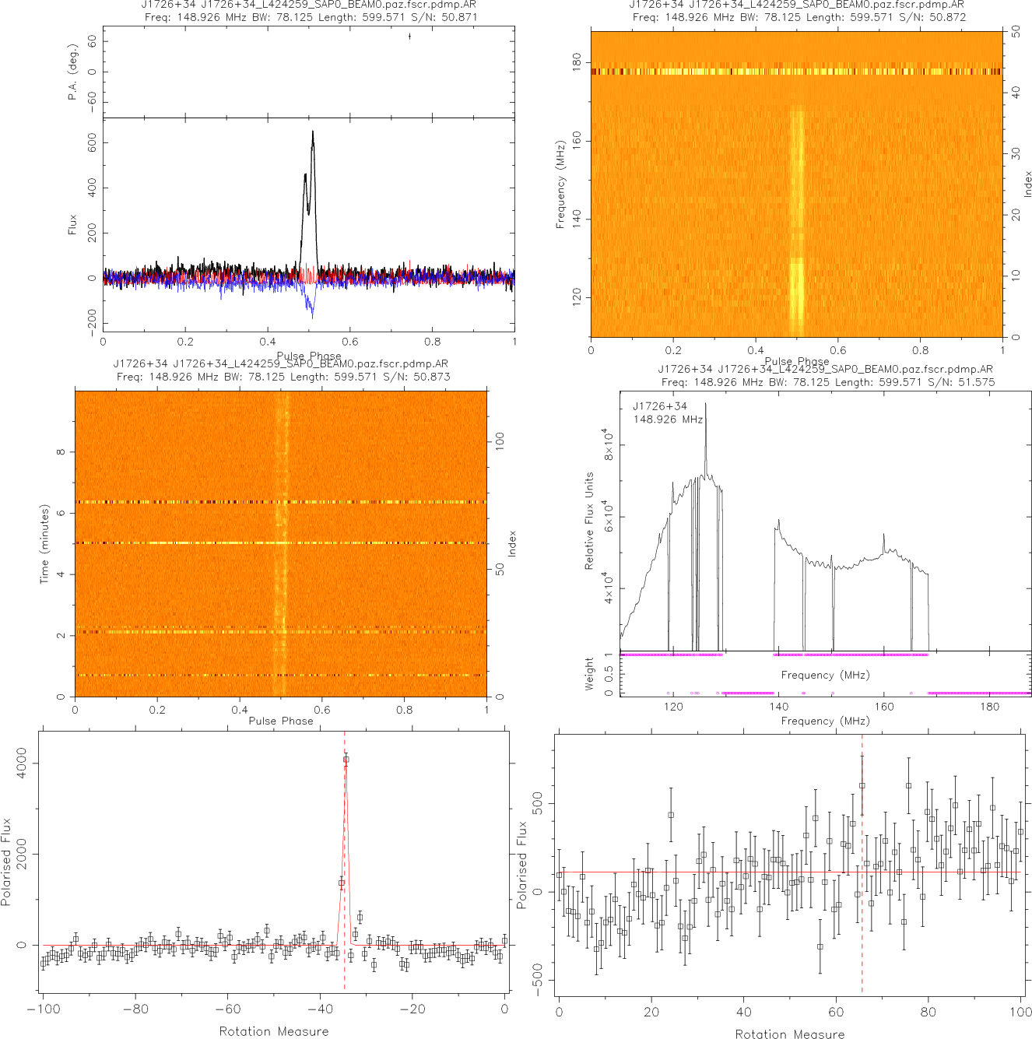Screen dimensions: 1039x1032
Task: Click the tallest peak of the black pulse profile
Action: tap(313, 132)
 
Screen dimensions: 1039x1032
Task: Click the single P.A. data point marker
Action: tap(409, 36)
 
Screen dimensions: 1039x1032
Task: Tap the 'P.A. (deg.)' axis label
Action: tap(72, 72)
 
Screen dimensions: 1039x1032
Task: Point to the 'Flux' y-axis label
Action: tap(72, 225)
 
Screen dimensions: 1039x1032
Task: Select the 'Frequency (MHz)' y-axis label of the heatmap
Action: tap(560, 184)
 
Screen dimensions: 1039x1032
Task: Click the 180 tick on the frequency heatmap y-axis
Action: tap(577, 62)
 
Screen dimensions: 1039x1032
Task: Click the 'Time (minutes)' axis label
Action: tap(44, 544)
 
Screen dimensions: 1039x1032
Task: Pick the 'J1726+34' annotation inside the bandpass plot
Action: tap(660, 406)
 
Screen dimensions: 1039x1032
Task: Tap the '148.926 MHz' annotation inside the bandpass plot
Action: tap(668, 419)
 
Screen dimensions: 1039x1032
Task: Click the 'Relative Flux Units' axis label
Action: tap(589, 521)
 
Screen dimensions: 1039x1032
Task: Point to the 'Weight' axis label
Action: tap(589, 674)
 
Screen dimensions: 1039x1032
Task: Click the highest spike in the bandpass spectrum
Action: tap(706, 404)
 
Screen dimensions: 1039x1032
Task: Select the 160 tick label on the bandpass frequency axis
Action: tap(884, 707)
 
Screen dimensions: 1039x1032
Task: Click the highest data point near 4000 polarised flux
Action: tap(346, 759)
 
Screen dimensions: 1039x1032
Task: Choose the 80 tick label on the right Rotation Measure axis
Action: tap(928, 1013)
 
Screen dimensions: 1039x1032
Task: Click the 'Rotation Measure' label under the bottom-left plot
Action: tap(274, 1031)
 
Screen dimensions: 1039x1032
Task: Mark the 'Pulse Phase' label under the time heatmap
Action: tap(281, 721)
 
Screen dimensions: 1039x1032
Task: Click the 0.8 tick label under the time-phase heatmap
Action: tap(405, 710)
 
